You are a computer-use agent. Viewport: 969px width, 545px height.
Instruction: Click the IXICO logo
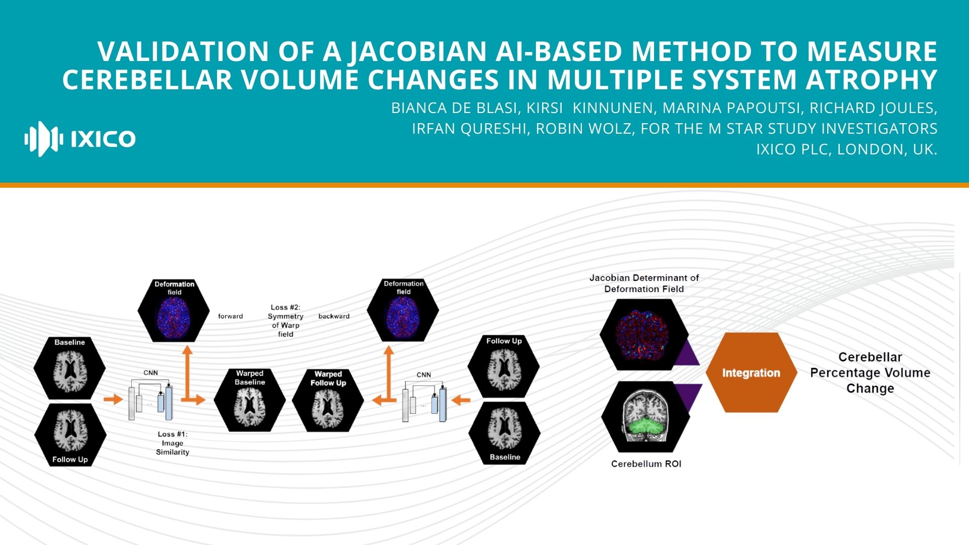tap(80, 139)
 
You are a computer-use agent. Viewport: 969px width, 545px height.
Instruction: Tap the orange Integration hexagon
tap(751, 373)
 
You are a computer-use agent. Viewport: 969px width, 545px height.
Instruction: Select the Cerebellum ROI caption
tap(646, 464)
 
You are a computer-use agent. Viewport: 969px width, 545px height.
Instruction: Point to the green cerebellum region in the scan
tap(646, 428)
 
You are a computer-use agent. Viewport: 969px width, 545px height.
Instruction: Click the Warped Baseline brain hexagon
tap(249, 400)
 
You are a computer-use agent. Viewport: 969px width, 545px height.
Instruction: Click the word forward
tap(230, 316)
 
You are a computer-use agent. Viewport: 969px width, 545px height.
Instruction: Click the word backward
tap(334, 316)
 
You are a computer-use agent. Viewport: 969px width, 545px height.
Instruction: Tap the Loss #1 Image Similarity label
tap(172, 443)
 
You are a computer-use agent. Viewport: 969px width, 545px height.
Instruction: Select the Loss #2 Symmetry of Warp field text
tap(285, 320)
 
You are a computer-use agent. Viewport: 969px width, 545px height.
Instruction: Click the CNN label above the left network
tap(150, 373)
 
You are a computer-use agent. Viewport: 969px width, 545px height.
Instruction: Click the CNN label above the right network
tap(423, 374)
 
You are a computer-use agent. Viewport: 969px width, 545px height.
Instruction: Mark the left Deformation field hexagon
tap(174, 310)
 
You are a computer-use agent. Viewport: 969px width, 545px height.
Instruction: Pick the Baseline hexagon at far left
tap(70, 368)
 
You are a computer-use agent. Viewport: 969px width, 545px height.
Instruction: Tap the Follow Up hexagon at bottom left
tap(70, 434)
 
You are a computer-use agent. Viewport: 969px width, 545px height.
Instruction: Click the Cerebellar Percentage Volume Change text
tap(870, 373)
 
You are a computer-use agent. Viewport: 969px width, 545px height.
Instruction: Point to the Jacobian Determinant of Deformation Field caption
tap(644, 283)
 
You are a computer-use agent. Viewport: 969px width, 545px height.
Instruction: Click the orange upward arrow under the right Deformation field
tap(388, 368)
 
